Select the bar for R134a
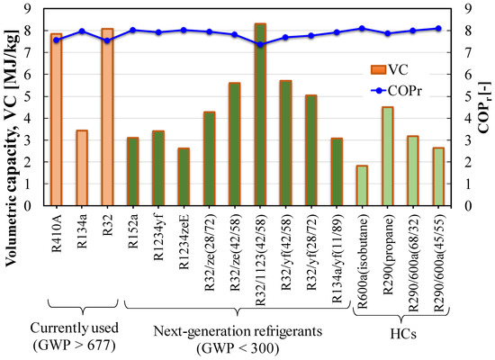[82, 167]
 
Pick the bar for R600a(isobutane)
[362, 185]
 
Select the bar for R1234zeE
[184, 176]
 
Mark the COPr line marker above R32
[107, 40]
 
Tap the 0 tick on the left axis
[33, 206]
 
